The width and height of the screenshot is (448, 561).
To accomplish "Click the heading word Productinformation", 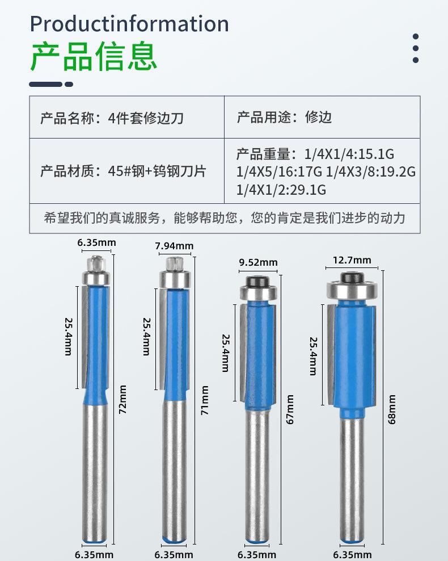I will coord(129,24).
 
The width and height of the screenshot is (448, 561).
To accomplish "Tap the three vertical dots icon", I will coord(416,48).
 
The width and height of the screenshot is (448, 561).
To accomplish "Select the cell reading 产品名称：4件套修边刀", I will coord(112,118).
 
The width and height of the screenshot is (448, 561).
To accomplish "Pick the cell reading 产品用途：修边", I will coord(284,118).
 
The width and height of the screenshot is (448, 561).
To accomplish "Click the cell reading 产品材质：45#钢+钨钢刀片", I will coord(123,171).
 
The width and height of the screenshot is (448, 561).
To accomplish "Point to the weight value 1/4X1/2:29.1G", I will coord(281,190).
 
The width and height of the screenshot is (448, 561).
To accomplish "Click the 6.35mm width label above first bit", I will coord(96,243).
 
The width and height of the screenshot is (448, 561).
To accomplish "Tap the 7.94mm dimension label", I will coord(174,246).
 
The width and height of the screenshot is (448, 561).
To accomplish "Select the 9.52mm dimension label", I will coord(259,262).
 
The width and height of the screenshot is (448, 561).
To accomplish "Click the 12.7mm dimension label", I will coord(352,261).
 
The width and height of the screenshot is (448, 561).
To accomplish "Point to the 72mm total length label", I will coord(122,400).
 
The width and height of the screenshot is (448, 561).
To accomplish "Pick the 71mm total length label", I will coord(205,401).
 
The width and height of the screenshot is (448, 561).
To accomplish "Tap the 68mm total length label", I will coord(392,409).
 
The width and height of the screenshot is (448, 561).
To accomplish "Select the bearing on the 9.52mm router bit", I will coord(258,293).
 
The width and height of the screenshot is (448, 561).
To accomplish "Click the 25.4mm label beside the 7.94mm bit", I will coord(146,336).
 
